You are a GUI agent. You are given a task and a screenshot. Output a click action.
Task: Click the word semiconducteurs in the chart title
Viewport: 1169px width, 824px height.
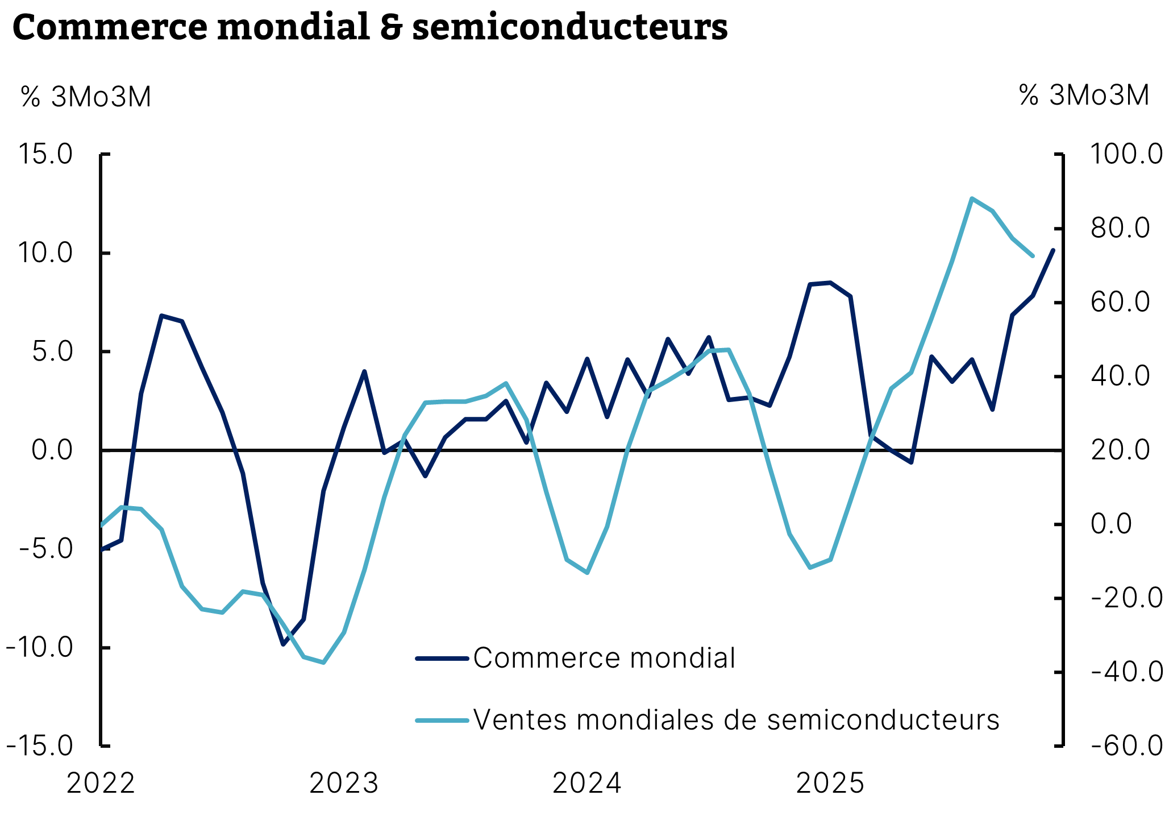(569, 27)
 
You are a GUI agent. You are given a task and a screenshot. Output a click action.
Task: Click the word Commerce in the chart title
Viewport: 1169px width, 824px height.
(110, 27)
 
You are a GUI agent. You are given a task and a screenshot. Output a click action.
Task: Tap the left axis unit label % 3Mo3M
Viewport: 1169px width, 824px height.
(86, 97)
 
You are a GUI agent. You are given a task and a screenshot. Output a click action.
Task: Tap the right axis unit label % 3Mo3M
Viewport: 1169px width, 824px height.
(1084, 96)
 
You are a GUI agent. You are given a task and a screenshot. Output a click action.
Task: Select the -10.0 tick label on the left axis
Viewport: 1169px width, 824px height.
(40, 647)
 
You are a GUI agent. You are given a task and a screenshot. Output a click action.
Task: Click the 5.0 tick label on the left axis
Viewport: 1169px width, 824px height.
(53, 351)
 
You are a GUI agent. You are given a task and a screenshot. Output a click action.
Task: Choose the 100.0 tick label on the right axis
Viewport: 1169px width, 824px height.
(1126, 154)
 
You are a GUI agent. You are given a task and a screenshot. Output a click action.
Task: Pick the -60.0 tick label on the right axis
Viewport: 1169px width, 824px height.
(1126, 746)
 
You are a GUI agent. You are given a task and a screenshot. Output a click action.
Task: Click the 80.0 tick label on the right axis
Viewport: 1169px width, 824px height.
(1120, 228)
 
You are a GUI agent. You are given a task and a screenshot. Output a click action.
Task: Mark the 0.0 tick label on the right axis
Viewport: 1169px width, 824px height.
(1112, 524)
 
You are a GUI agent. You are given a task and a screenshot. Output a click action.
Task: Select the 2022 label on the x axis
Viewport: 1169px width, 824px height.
(101, 784)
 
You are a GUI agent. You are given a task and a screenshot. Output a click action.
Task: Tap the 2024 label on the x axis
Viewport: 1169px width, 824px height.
(587, 784)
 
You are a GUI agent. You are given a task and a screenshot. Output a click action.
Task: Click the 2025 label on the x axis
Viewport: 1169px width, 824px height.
(830, 784)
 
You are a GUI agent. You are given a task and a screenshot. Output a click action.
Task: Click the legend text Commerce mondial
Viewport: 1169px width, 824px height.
(604, 659)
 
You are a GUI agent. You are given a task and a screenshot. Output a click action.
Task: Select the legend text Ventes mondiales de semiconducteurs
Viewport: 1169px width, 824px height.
(736, 720)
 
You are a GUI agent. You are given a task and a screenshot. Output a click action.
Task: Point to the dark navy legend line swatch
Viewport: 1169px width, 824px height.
(442, 659)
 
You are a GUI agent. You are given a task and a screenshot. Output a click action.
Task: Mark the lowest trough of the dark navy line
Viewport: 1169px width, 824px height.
(283, 644)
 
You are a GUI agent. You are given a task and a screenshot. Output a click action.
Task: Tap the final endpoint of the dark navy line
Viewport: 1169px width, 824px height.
(1053, 250)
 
